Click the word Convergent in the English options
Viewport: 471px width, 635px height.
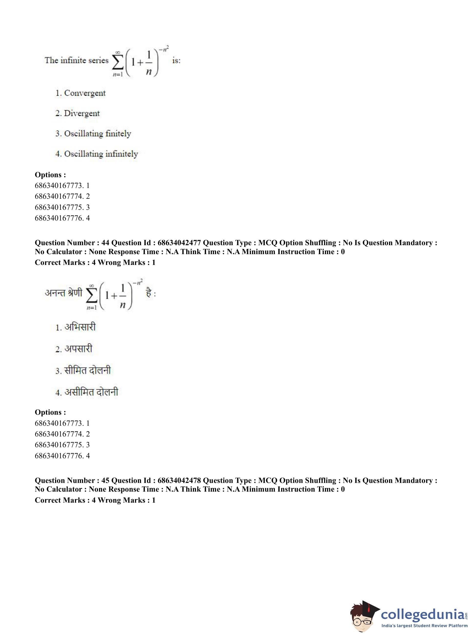85,93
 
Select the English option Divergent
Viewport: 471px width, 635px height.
82,113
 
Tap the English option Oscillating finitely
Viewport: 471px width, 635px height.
97,133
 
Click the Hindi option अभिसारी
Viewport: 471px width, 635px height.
80,327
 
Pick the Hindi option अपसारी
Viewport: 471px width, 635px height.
78,349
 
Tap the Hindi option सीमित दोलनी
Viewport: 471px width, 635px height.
87,370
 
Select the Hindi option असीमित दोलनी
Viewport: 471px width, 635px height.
91,392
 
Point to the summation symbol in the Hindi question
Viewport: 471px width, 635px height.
91,296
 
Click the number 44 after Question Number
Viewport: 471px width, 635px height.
105,243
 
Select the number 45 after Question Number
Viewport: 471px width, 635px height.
105,481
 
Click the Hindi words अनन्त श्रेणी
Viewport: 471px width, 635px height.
63,293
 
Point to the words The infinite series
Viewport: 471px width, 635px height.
76,61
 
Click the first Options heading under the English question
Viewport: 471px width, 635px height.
50,175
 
